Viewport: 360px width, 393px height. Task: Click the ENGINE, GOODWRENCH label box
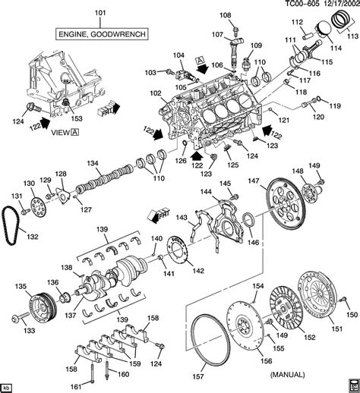[x=102, y=34]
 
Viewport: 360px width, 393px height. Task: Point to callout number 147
[x=254, y=181]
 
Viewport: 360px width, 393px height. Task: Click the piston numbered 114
[x=322, y=30]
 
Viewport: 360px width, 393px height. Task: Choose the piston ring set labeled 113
[x=341, y=19]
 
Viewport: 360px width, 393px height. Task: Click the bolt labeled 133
[x=21, y=317]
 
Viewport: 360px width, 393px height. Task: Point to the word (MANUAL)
[x=287, y=374]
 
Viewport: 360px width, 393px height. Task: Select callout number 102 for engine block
[x=156, y=93]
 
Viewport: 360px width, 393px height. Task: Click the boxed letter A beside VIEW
[x=75, y=132]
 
